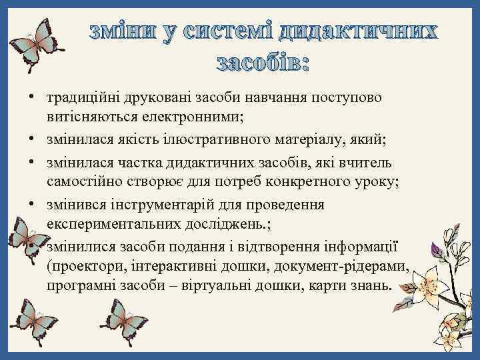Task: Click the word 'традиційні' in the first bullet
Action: (75, 99)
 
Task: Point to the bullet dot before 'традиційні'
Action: (32, 99)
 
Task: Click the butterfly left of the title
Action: (34, 43)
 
